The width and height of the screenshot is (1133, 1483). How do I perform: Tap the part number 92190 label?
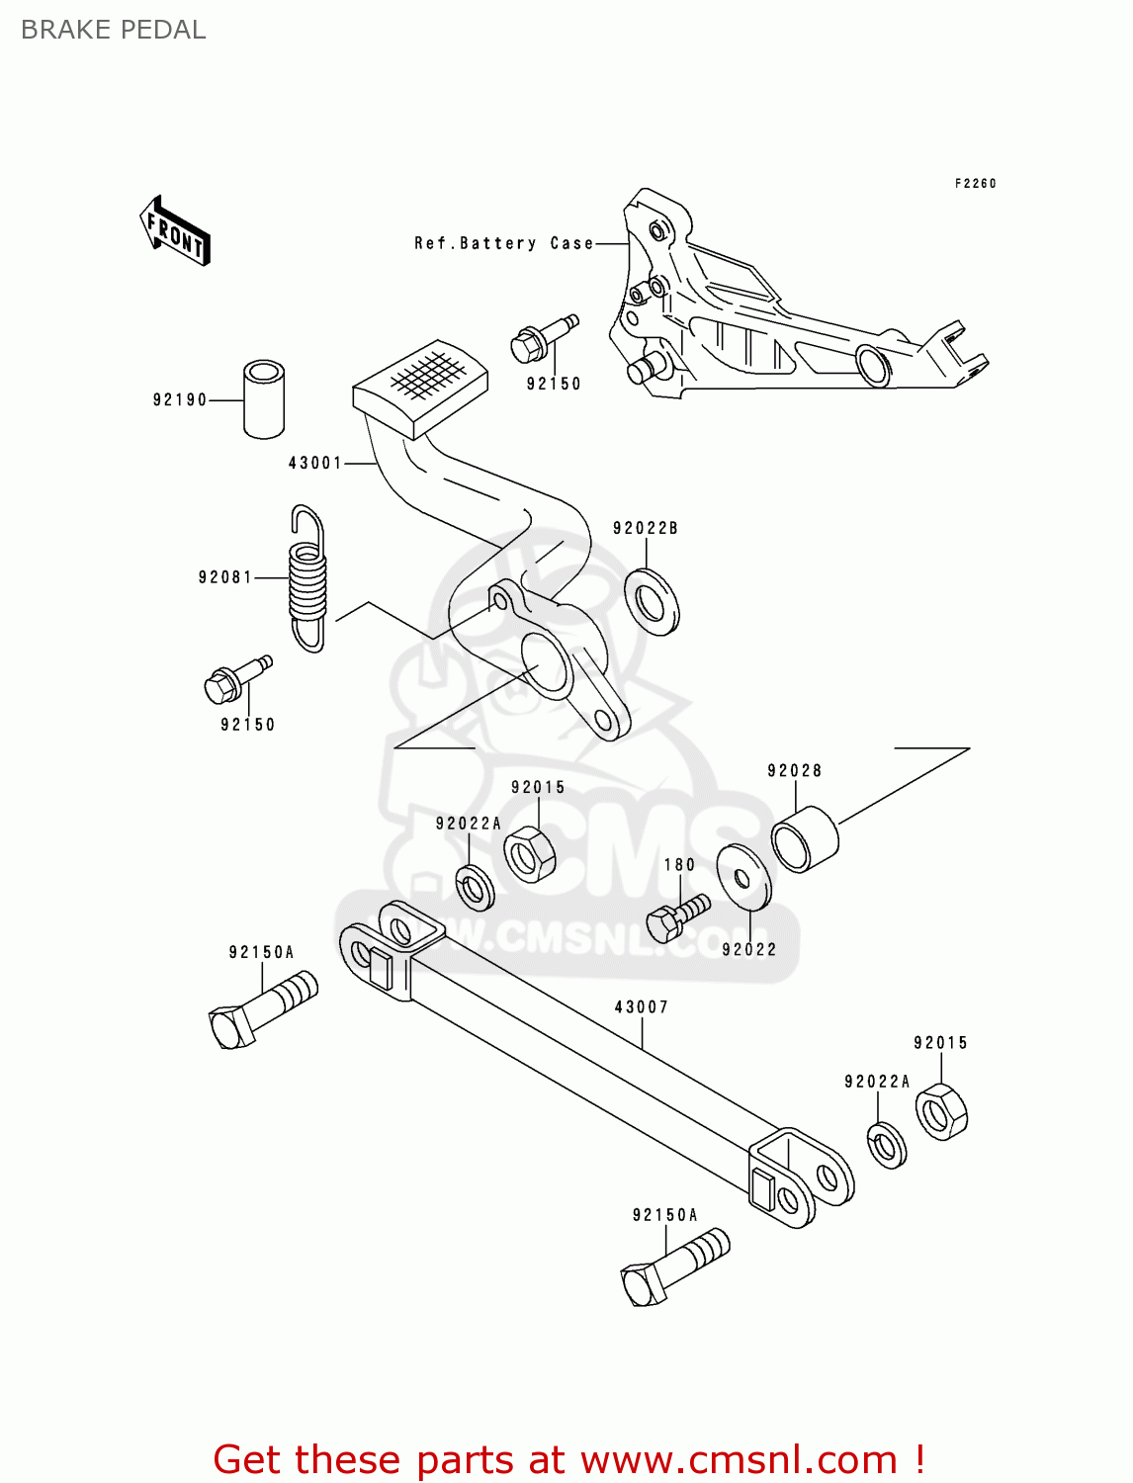tap(180, 399)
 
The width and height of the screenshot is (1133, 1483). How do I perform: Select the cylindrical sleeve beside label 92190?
tap(264, 399)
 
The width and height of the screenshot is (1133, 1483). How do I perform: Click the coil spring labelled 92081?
tap(307, 579)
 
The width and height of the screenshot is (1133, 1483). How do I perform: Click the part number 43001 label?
tap(314, 463)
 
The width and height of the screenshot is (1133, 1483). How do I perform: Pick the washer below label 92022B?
tap(652, 601)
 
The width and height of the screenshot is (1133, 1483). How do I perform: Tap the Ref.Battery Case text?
tap(503, 243)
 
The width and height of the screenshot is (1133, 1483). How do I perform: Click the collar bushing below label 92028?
tap(805, 839)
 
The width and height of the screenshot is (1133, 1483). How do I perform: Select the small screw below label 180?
tap(677, 916)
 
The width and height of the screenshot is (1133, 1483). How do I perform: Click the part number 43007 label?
tap(642, 1006)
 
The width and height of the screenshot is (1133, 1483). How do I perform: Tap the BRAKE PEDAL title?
tap(114, 30)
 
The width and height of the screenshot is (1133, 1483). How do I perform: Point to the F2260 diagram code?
tap(975, 183)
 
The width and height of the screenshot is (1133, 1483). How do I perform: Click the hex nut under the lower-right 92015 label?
tap(941, 1111)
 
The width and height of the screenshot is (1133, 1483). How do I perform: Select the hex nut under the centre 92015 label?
tap(529, 853)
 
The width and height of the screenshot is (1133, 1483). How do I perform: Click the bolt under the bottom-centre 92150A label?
tap(675, 1268)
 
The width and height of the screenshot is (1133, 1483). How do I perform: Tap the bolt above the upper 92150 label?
tap(543, 336)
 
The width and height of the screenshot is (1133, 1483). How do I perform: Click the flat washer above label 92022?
tap(743, 876)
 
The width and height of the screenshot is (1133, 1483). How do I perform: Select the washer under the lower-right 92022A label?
tap(887, 1145)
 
